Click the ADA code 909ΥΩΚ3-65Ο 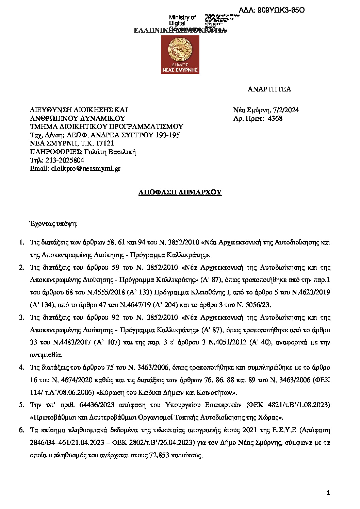[281, 10]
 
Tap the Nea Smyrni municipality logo [180, 54]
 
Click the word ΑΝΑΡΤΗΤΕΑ [269, 89]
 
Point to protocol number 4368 [275, 118]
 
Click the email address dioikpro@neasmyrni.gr [86, 168]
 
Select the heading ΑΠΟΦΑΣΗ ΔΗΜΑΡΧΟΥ [180, 192]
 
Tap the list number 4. [21, 368]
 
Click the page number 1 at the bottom [328, 493]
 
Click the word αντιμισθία [46, 355]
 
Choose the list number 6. [21, 430]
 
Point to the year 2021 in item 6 [250, 430]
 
